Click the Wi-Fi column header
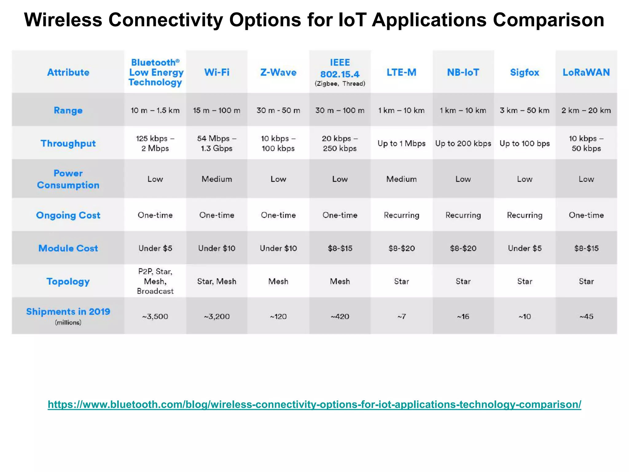(217, 73)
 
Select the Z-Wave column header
(278, 73)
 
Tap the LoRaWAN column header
(586, 73)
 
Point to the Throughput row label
(68, 144)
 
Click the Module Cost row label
(68, 248)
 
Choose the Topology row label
(68, 281)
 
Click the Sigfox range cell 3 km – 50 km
(525, 110)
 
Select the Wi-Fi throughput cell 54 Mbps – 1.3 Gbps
(217, 144)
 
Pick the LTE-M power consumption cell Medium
(401, 179)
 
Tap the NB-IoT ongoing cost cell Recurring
(463, 215)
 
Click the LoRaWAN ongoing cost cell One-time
(586, 215)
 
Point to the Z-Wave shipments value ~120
(278, 317)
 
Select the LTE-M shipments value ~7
(401, 317)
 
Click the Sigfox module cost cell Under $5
(525, 248)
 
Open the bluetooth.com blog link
(314, 404)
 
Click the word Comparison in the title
(549, 20)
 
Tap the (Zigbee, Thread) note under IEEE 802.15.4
(340, 84)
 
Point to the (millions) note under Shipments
(68, 323)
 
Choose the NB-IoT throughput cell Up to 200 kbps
(463, 144)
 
